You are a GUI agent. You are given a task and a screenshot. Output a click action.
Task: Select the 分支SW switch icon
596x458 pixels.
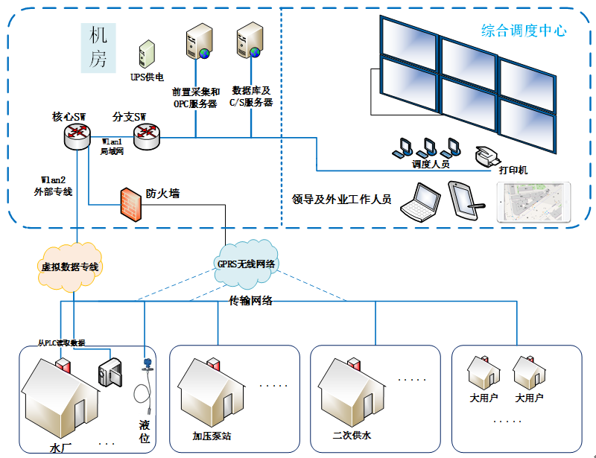[146, 134]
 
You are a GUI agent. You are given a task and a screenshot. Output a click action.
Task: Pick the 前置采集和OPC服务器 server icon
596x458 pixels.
[199, 42]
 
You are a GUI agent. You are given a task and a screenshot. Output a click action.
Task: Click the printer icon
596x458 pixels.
[488, 155]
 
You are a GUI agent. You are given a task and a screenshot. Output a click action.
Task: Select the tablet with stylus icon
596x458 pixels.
[466, 200]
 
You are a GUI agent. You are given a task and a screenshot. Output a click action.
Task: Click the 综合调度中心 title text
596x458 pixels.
[524, 31]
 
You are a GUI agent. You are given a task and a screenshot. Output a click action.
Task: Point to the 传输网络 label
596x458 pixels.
[250, 301]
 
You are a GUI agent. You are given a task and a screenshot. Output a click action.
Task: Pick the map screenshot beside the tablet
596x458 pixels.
[533, 203]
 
